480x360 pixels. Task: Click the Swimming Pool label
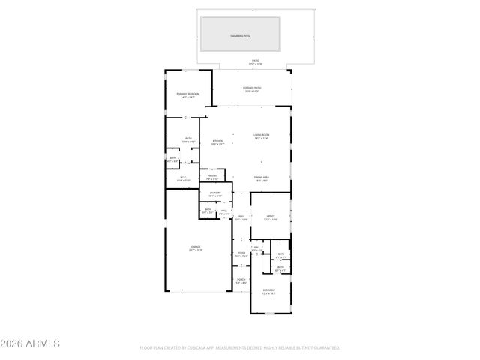(241, 35)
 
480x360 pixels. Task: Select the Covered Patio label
(251, 88)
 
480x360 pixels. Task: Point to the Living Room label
(261, 134)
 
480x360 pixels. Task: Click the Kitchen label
(217, 140)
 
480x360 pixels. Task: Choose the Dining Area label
(261, 177)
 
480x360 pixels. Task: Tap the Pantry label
(212, 176)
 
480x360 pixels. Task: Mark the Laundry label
(215, 193)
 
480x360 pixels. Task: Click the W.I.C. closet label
(183, 177)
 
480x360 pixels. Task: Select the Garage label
(195, 246)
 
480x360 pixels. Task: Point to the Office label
(271, 216)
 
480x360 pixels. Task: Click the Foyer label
(241, 253)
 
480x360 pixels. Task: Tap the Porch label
(241, 280)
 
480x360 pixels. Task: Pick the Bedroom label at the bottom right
(268, 289)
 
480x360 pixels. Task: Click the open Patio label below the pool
(256, 61)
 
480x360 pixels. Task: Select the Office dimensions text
(271, 219)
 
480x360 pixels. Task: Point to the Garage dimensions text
(195, 249)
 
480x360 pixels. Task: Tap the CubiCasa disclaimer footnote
(240, 347)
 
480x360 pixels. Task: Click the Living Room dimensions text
(261, 138)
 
